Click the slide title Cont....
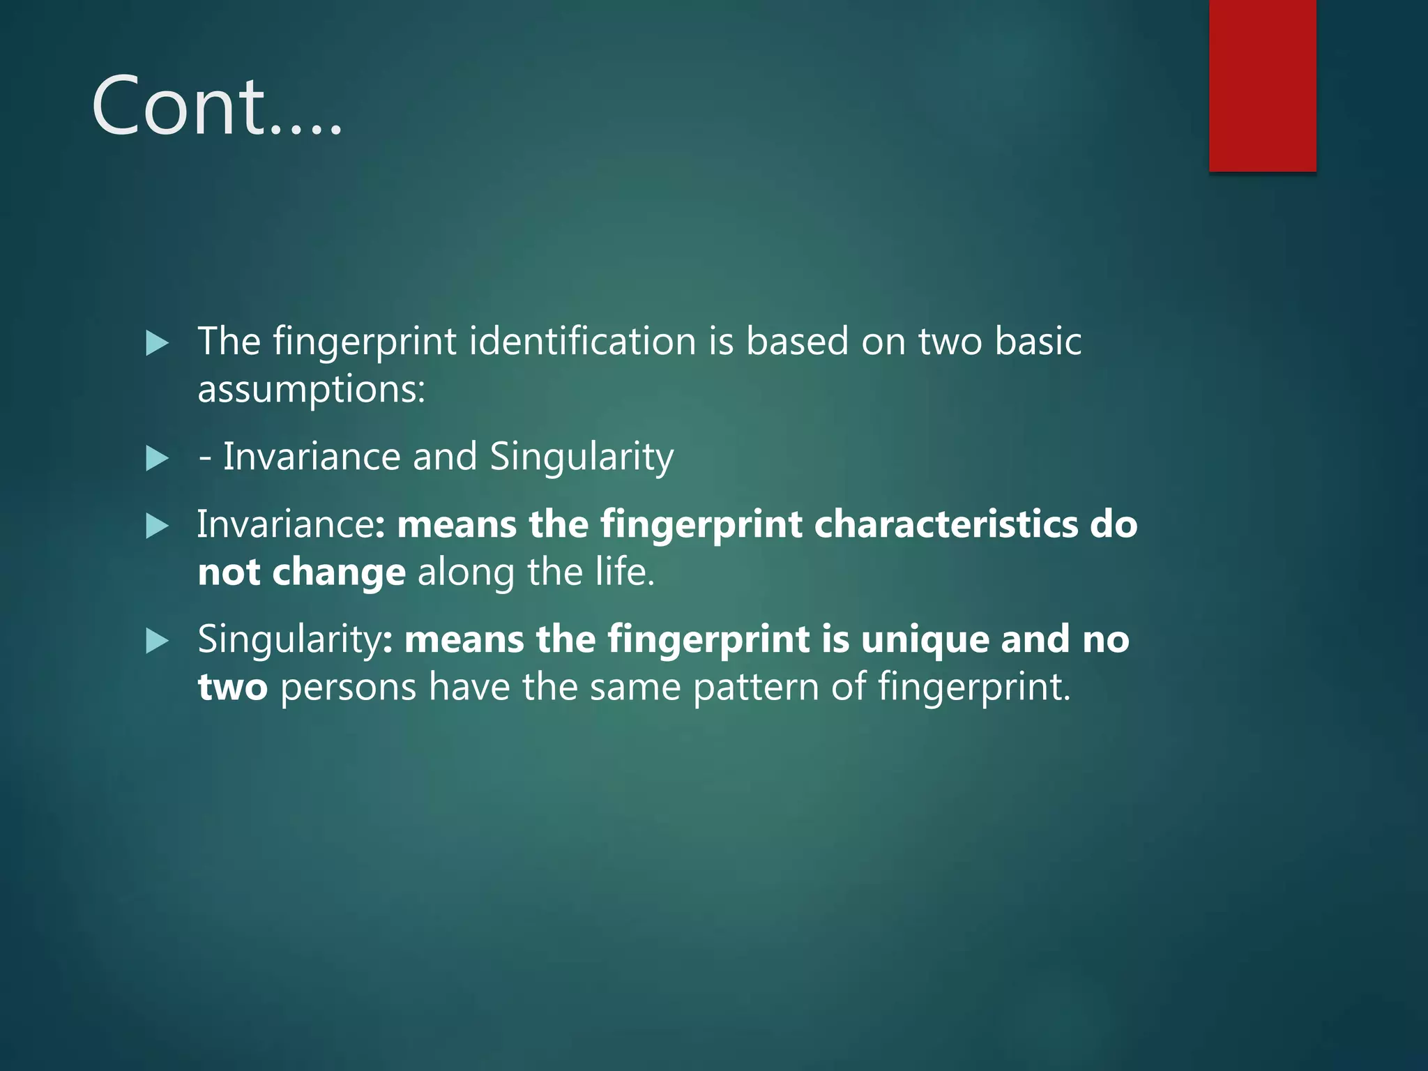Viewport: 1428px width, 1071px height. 216,107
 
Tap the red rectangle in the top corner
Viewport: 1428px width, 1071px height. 1262,85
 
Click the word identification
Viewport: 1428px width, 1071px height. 582,342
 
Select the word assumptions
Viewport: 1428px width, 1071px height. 311,389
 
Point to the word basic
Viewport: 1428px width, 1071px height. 1038,342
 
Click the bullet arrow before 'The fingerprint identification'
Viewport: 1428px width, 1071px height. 158,343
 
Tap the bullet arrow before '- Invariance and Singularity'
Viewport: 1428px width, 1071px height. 158,459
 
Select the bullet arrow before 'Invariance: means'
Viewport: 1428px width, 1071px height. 158,526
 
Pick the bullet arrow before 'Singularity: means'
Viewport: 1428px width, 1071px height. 158,641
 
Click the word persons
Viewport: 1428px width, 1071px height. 348,688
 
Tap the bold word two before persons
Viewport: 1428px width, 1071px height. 232,688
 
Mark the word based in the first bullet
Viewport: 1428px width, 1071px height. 797,342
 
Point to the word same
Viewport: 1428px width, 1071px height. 635,688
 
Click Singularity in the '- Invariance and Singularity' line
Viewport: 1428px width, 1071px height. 581,457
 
